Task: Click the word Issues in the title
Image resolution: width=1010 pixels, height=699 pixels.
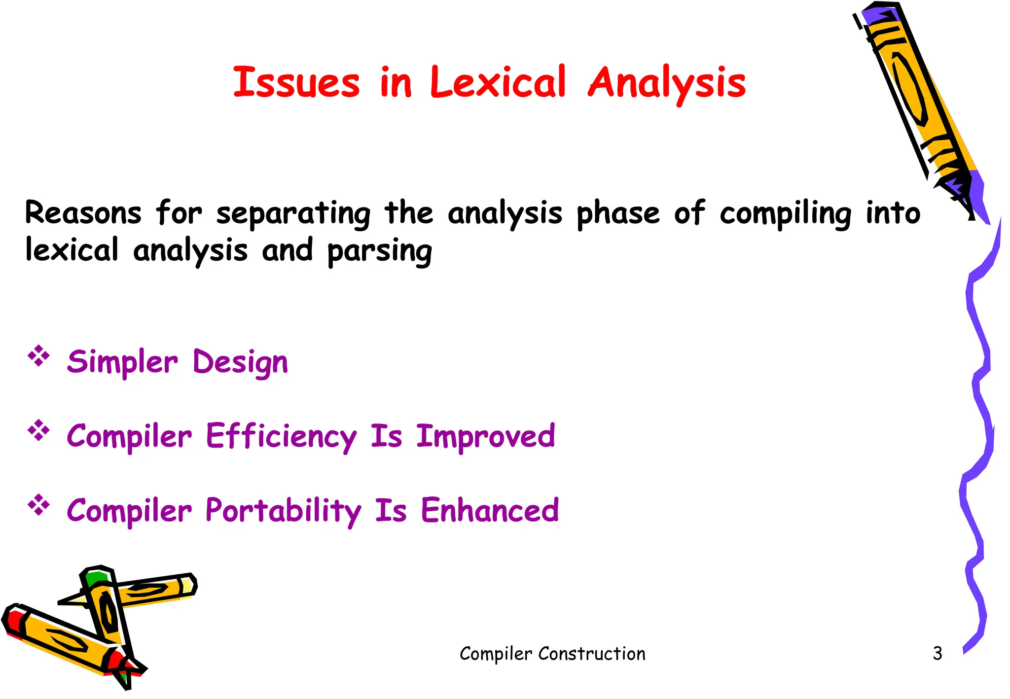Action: coord(296,82)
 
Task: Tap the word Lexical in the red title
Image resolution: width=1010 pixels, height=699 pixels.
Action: coord(498,82)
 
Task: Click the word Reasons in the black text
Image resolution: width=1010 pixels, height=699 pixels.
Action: coord(83,213)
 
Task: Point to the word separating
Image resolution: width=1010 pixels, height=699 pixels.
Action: coord(293,214)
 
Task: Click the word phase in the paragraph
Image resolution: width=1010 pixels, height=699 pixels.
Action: coord(617,214)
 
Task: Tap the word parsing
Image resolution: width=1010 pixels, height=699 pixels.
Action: coord(379,251)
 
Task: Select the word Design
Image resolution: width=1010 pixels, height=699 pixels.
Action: coord(240,362)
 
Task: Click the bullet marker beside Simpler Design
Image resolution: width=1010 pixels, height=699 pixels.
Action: coord(39,356)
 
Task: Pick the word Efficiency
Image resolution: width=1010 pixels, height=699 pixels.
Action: coord(281,437)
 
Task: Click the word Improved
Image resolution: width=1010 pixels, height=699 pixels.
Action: coord(486,437)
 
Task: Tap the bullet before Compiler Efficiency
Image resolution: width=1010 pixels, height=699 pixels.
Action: coord(39,431)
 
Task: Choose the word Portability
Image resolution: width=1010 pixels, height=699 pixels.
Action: coord(283,511)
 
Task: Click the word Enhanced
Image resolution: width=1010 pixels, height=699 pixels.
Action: coord(490,511)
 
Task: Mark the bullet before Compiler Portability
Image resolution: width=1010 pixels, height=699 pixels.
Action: coord(39,505)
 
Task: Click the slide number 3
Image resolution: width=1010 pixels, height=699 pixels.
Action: coord(937,654)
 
